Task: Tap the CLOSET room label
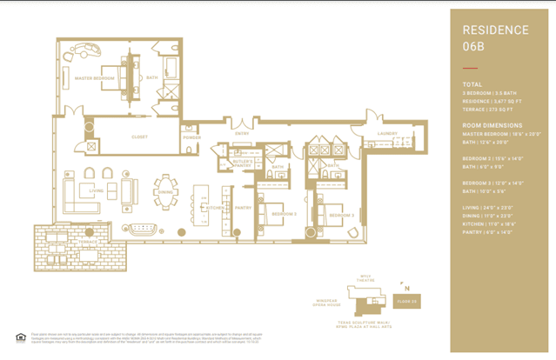click(x=139, y=137)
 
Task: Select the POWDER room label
click(x=191, y=137)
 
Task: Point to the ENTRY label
click(x=241, y=133)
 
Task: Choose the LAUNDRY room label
click(x=387, y=133)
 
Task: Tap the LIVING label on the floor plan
click(x=97, y=189)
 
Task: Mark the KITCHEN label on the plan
click(x=215, y=208)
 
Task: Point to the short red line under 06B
click(x=470, y=67)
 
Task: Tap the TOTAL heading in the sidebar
click(x=472, y=84)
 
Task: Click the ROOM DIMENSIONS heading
click(x=492, y=125)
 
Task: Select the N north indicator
click(x=405, y=286)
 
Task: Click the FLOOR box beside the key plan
click(x=406, y=302)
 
